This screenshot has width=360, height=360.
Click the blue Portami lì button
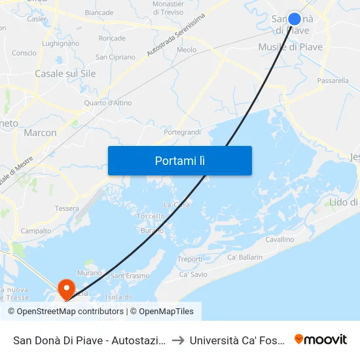pos(179,160)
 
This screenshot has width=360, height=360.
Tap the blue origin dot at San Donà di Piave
pos(295,20)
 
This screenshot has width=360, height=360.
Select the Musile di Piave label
pos(290,47)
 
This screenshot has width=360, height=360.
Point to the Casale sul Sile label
pos(65,74)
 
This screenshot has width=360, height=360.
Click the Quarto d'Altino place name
pos(108,103)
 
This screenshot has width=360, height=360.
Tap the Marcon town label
pos(40,133)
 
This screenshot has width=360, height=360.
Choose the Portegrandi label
pos(182,132)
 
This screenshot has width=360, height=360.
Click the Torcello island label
pos(151,216)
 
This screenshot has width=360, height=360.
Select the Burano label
pos(152,231)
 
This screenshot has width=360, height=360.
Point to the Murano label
pos(89,272)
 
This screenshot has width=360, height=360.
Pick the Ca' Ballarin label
pos(245,258)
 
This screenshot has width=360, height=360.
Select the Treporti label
pos(190,259)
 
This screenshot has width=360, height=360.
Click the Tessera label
pos(67,209)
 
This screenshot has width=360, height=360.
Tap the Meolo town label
pos(187,50)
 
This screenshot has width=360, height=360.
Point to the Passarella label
pos(333,81)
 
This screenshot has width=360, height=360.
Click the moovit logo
pos(321,340)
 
